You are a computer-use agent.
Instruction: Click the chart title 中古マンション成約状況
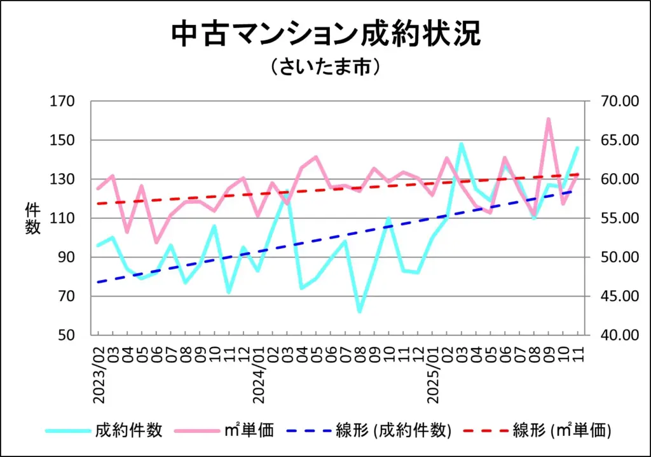pyautogui.click(x=325, y=35)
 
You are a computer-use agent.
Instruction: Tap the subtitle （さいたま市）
pyautogui.click(x=325, y=67)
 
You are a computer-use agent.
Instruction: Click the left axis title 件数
pyautogui.click(x=32, y=218)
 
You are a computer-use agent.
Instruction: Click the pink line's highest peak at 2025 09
pyautogui.click(x=548, y=119)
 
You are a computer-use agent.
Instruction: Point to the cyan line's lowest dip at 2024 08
pyautogui.click(x=360, y=311)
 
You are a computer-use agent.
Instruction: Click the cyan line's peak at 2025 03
pyautogui.click(x=461, y=144)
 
